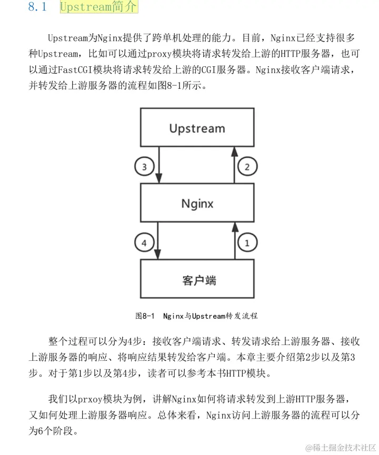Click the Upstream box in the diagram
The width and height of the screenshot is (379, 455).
click(196, 128)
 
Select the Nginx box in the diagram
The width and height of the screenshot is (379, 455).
click(196, 203)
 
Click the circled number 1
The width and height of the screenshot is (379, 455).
click(248, 242)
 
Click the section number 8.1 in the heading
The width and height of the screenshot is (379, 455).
click(38, 8)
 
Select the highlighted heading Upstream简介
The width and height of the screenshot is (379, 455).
click(98, 7)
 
